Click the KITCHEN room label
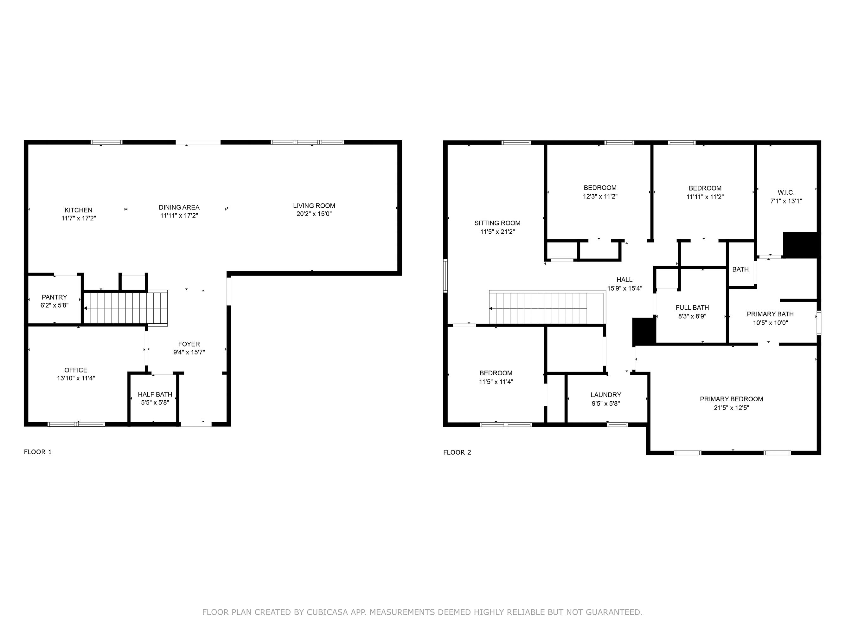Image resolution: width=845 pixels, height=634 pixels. (x=78, y=210)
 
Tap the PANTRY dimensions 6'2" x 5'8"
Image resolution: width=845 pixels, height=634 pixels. (x=54, y=305)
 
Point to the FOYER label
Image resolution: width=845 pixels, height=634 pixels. (x=189, y=344)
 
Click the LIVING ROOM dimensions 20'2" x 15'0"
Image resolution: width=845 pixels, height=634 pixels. (x=314, y=214)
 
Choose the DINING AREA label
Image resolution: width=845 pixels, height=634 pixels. (x=179, y=207)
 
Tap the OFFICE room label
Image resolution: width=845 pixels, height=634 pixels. (x=76, y=370)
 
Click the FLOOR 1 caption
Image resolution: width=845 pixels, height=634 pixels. (x=38, y=452)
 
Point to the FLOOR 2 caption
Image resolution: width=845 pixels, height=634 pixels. (x=457, y=452)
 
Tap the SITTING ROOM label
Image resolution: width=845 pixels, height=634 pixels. (x=497, y=223)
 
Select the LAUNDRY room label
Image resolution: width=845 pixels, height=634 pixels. (x=605, y=395)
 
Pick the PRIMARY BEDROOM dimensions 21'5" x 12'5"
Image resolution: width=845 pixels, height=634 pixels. (x=731, y=408)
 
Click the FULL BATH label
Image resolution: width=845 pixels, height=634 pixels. (x=692, y=307)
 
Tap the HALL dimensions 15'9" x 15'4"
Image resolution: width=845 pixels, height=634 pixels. (x=624, y=288)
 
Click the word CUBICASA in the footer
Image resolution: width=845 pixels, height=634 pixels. (x=327, y=612)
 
